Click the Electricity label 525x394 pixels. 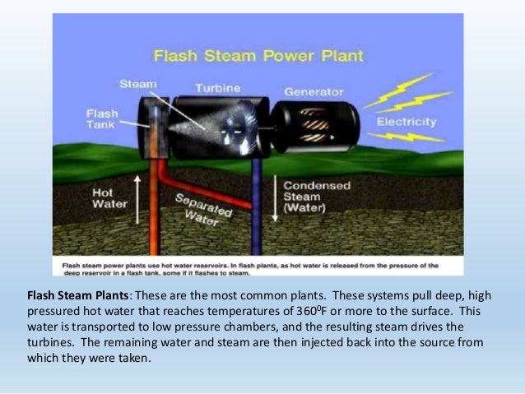tap(406, 122)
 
